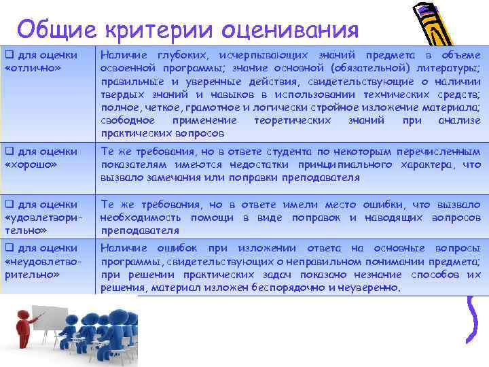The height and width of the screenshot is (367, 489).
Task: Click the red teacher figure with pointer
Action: pyautogui.click(x=25, y=337)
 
